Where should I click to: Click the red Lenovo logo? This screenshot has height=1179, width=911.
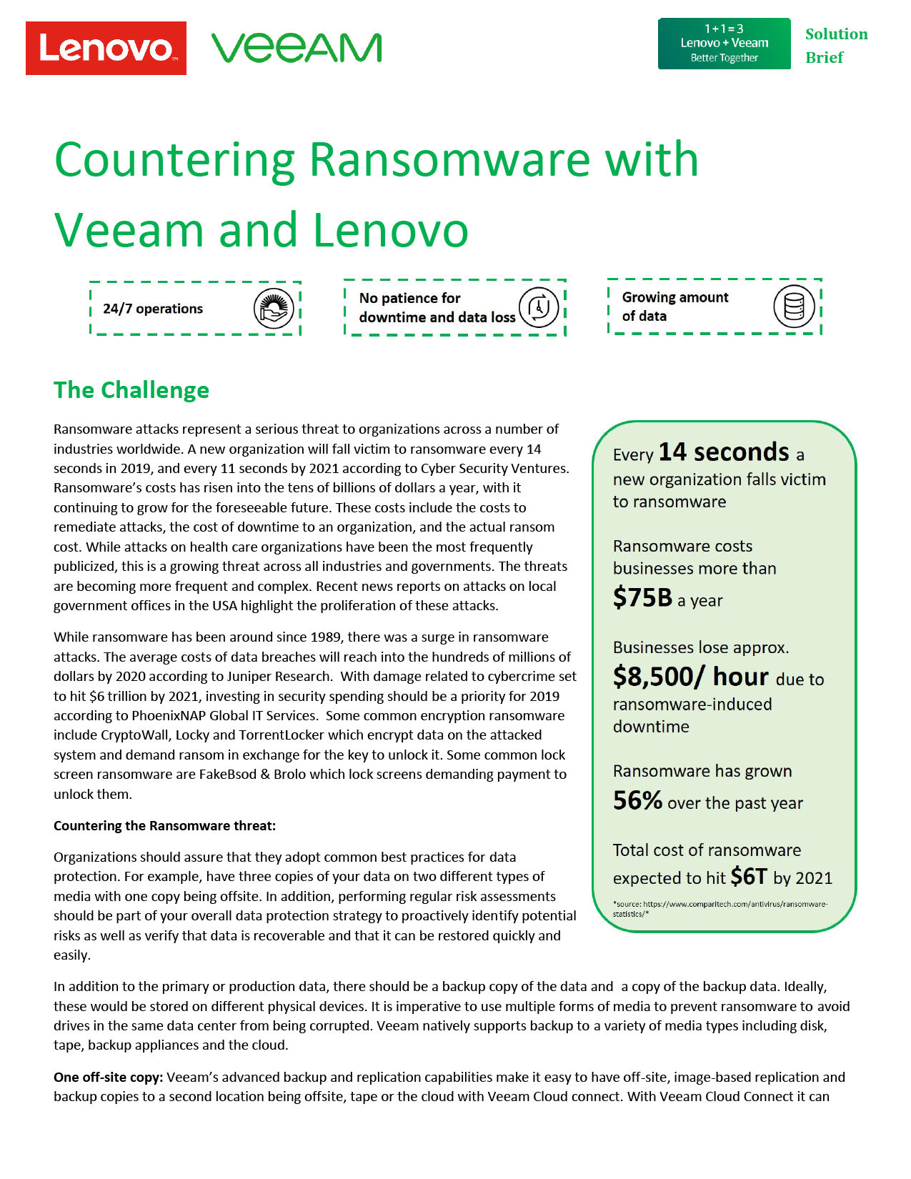(106, 48)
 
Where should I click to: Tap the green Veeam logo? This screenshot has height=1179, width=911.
(297, 48)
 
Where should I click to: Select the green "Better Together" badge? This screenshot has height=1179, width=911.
(724, 44)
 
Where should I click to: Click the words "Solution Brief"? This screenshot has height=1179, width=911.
(836, 46)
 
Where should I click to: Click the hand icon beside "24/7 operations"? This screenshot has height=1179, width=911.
(274, 309)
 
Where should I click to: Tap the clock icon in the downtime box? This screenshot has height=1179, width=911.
(538, 308)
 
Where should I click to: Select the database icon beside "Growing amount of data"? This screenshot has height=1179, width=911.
(794, 307)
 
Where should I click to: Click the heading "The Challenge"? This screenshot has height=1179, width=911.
(131, 390)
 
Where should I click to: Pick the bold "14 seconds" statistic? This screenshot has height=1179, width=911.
(723, 452)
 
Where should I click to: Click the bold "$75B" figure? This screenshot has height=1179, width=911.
(642, 597)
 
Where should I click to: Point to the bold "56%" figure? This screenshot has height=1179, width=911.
(637, 800)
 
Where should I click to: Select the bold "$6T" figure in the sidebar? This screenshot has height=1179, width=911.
(748, 876)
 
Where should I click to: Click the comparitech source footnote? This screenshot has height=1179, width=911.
(720, 908)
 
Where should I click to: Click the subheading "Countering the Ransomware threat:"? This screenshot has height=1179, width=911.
(164, 826)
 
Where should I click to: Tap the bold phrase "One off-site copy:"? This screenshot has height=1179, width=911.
(109, 1077)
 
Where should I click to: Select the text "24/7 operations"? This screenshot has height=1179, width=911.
(153, 309)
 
